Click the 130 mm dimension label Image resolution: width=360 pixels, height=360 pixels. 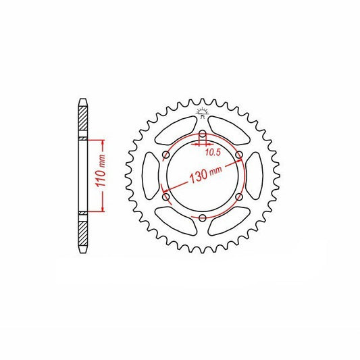point(206,175)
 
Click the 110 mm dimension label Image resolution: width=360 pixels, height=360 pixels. point(101,171)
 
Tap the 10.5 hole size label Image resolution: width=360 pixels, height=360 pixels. point(213,152)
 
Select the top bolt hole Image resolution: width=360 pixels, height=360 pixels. point(203,134)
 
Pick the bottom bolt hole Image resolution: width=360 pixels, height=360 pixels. point(203,217)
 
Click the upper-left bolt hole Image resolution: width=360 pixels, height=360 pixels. point(166,155)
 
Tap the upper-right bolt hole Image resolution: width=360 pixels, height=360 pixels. point(239,155)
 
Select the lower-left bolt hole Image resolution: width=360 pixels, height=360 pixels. point(166,197)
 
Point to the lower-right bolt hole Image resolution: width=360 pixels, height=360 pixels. point(239,197)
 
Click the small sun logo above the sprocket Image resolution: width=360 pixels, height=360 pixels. point(202,113)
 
